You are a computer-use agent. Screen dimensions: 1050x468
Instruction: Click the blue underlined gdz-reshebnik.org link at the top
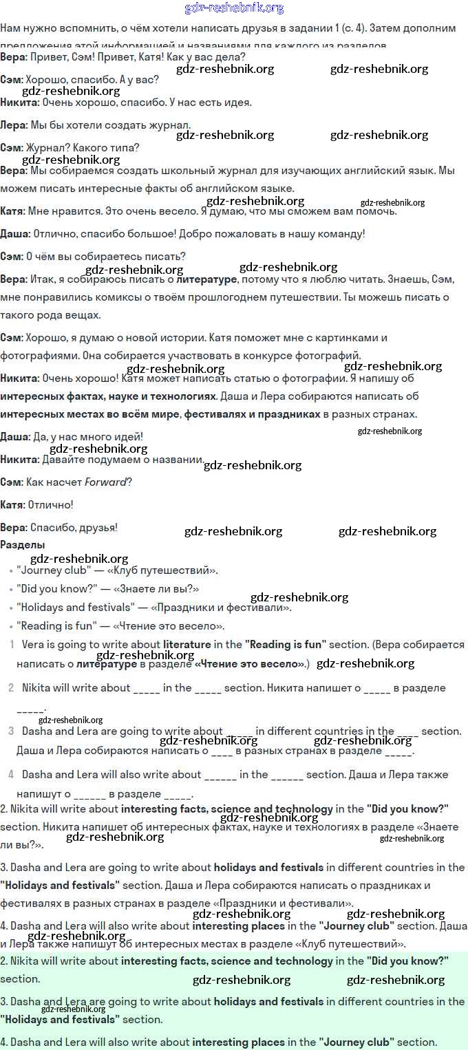(234, 8)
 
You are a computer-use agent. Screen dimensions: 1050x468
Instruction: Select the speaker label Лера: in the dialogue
(14, 125)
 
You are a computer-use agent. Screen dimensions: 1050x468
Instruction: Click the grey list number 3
(11, 731)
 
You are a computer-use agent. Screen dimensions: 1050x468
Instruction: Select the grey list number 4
(11, 774)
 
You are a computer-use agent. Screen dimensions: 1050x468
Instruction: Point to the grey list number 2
(11, 687)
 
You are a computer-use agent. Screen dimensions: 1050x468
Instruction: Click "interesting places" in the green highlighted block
(238, 1042)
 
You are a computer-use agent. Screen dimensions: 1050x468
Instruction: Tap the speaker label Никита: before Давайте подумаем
(20, 459)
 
